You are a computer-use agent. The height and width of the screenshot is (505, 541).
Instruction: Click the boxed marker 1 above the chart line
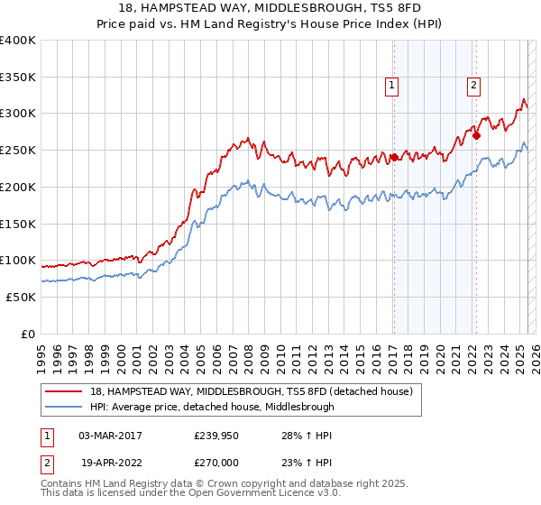(x=393, y=86)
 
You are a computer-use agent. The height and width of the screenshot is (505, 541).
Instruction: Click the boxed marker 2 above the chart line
(x=474, y=86)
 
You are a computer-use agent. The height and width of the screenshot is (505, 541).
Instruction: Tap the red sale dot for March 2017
(x=394, y=157)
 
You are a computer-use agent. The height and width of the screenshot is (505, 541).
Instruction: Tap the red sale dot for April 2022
(x=476, y=135)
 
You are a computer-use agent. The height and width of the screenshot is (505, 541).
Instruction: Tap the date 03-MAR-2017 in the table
(x=110, y=436)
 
